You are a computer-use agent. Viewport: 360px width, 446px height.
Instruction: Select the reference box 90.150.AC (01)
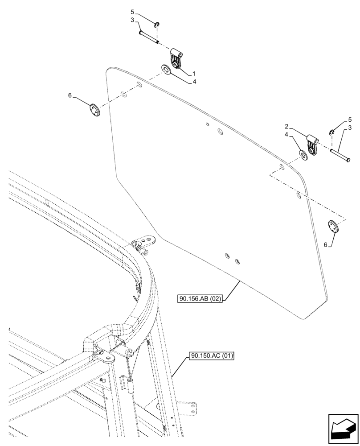click(x=212, y=356)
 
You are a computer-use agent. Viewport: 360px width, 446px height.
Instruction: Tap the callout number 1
click(x=194, y=73)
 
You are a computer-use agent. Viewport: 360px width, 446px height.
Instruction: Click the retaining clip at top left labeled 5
click(x=158, y=25)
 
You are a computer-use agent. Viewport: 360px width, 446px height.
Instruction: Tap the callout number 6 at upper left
click(x=70, y=95)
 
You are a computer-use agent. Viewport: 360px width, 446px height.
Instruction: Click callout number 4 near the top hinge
click(x=194, y=82)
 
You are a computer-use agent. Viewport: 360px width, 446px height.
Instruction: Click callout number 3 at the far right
click(x=351, y=128)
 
